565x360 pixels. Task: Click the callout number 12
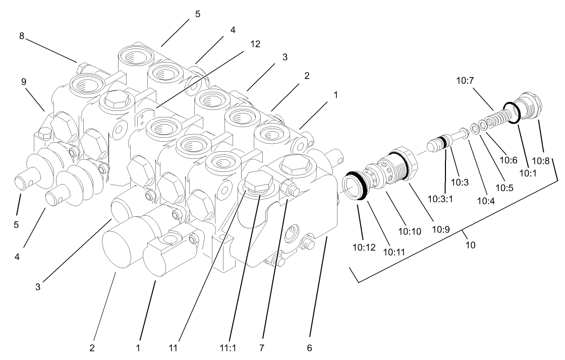pyautogui.click(x=255, y=44)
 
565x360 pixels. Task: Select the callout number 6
pyautogui.click(x=309, y=347)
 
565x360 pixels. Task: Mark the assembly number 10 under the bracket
pyautogui.click(x=470, y=246)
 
